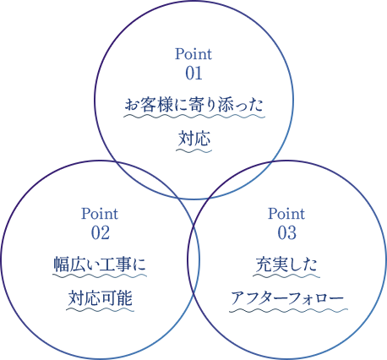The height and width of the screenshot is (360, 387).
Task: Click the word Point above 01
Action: click(193, 54)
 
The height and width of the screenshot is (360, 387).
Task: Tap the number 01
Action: click(193, 74)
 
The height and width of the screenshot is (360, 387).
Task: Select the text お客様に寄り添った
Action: click(194, 105)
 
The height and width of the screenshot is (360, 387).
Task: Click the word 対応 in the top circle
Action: click(194, 139)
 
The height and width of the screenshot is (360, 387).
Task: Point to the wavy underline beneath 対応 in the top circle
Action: click(194, 150)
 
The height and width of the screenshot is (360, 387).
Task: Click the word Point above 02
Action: click(100, 214)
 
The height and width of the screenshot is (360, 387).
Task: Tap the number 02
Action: click(100, 233)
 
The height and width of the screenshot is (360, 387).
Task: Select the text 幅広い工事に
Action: click(100, 265)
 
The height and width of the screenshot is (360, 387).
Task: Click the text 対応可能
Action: click(101, 298)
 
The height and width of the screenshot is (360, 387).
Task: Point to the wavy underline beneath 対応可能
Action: click(101, 310)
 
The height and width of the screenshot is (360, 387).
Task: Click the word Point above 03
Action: click(286, 214)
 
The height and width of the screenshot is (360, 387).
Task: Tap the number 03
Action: click(287, 233)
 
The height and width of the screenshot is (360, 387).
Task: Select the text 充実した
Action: click(286, 265)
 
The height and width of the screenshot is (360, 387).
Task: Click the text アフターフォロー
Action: click(287, 298)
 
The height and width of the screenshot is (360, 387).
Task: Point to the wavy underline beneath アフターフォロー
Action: click(288, 310)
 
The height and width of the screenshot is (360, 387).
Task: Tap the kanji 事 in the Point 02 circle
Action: click(123, 265)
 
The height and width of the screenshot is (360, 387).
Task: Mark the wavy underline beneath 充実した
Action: click(286, 275)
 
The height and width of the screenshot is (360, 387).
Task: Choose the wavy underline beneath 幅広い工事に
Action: click(100, 275)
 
